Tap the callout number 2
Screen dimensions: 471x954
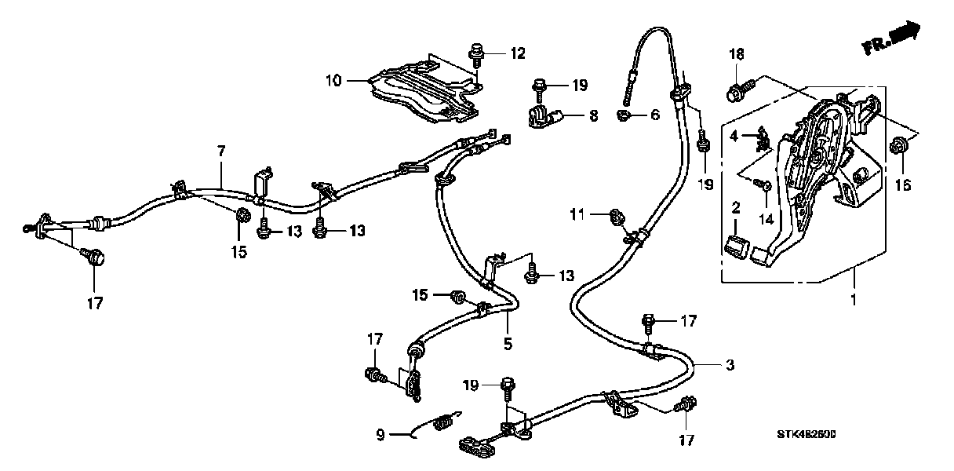point(736,209)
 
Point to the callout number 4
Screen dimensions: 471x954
point(734,136)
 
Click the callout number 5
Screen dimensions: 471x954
point(508,343)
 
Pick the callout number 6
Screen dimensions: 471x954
point(655,115)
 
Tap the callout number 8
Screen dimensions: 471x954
point(593,115)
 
